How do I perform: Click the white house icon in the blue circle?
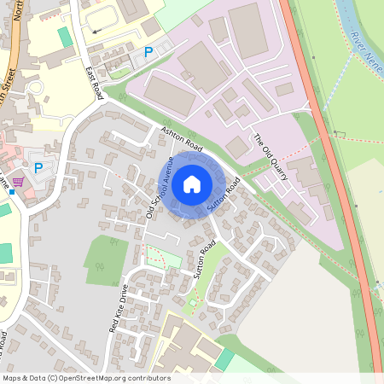point(192,183)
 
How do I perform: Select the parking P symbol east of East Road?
point(148,53)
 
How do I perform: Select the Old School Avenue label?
point(160,187)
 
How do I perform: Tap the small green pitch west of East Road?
point(65,38)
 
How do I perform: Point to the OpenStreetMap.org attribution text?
point(85,378)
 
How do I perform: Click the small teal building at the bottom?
point(224,359)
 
